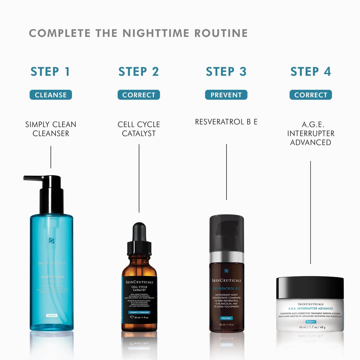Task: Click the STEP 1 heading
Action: coord(50,72)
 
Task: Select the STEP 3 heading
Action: coord(226,72)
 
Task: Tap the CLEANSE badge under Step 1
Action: coord(51,95)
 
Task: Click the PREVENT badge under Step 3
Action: coord(226,95)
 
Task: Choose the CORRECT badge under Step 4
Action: coord(310,95)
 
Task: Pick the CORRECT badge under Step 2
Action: coord(139,95)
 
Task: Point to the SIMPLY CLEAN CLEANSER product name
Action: coord(51,129)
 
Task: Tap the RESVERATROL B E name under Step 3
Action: coord(226,122)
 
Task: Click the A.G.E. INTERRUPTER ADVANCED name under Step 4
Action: coord(310,133)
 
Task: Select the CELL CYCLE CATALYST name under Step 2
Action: coord(139,129)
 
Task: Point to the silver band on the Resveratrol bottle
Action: coord(226,257)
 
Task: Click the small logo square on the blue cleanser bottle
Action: coord(52,240)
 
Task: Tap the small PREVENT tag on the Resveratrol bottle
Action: coord(226,318)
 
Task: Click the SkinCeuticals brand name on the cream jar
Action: coord(311,304)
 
